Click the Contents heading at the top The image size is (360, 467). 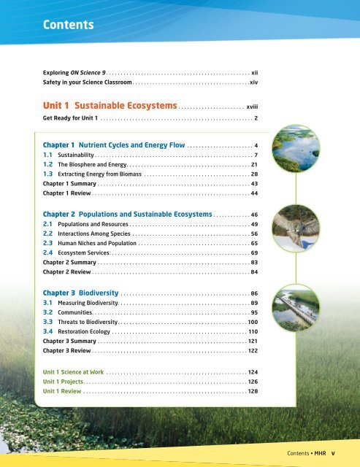[x=68, y=25]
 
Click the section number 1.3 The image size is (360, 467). [x=49, y=174]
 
